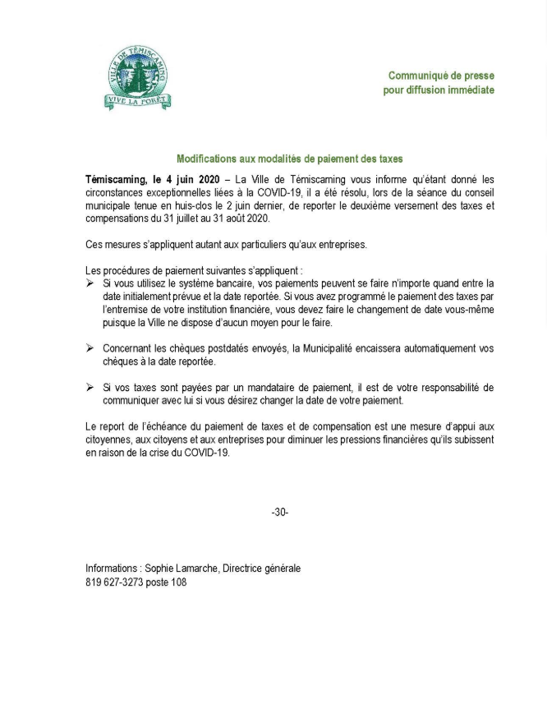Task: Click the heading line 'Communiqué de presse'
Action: point(441,76)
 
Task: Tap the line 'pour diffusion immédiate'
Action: point(439,90)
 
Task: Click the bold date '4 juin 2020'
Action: point(194,178)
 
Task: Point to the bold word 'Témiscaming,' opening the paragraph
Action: point(116,178)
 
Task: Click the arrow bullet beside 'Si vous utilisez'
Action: point(90,283)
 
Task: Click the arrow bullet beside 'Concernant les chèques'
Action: point(90,348)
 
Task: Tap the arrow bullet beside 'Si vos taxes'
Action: point(90,387)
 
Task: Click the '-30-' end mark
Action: point(279,513)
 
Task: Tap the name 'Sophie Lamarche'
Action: point(180,568)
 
